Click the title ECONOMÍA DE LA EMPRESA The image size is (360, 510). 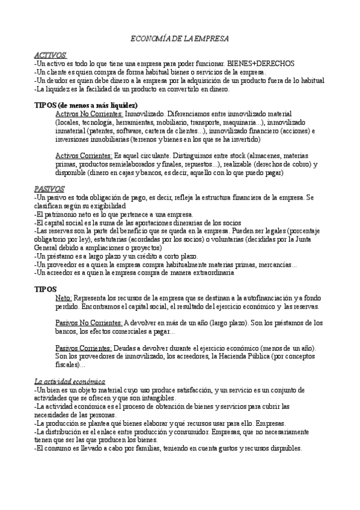pyautogui.click(x=180, y=38)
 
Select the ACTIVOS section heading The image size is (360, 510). pyautogui.click(x=50, y=55)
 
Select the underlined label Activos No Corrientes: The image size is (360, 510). pyautogui.click(x=89, y=113)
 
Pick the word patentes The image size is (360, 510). pyautogui.click(x=102, y=130)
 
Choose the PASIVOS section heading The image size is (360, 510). pyautogui.click(x=49, y=188)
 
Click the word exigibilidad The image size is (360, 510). pyautogui.click(x=95, y=205)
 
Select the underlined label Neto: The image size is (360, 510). pyautogui.click(x=63, y=298)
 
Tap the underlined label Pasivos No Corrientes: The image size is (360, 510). pyautogui.click(x=88, y=323)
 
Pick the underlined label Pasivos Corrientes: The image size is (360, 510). pyautogui.click(x=83, y=348)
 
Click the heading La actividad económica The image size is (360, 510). pyautogui.click(x=69, y=382)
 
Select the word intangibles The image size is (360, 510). pyautogui.click(x=157, y=398)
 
